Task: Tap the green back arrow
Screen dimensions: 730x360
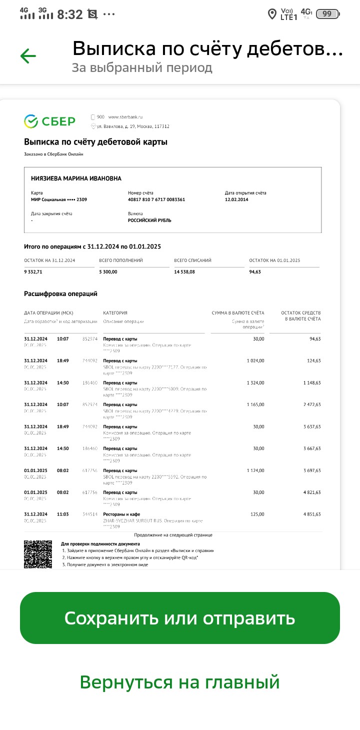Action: [28, 56]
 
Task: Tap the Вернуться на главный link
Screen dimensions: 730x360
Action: [179, 682]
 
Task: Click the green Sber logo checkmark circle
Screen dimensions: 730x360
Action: [31, 121]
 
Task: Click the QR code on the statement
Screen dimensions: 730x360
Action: [38, 554]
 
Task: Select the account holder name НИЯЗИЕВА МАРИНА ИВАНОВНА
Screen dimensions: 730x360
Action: [76, 178]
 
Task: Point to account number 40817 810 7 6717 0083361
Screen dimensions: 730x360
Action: [156, 199]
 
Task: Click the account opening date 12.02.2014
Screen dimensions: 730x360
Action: [236, 199]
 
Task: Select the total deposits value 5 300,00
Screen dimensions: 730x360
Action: [108, 272]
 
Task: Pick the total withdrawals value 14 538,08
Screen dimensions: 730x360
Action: [185, 272]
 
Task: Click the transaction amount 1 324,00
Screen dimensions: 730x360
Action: [255, 382]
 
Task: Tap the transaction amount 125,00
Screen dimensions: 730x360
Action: [257, 514]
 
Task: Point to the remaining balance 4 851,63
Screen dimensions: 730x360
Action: [311, 514]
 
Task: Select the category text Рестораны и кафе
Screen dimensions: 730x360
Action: [121, 514]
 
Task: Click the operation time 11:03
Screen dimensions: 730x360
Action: [63, 514]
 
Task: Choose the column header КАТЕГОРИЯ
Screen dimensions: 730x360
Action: [115, 313]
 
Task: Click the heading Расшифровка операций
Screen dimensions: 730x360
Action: [60, 294]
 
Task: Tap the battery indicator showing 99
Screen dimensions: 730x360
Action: [327, 14]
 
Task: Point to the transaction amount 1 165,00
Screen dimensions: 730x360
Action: [255, 404]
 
